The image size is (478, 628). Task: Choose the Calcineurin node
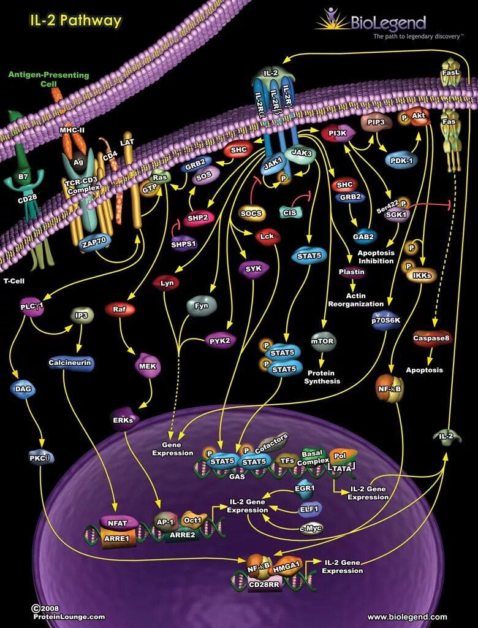(x=70, y=362)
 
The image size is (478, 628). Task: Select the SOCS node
(x=251, y=213)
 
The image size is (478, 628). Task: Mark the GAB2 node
(x=364, y=237)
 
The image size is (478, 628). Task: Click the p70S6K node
(x=385, y=320)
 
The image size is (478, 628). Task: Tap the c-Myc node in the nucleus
(x=311, y=528)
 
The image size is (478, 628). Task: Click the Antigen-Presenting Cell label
(x=48, y=79)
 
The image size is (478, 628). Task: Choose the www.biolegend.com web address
(x=407, y=617)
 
